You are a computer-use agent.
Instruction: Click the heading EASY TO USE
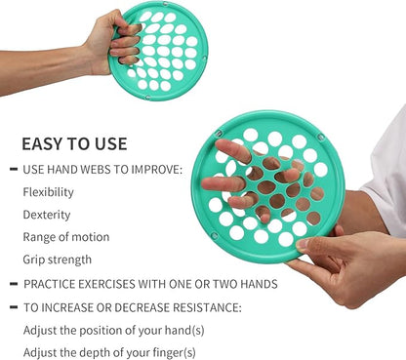[x=74, y=144]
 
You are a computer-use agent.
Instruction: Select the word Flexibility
[x=48, y=191]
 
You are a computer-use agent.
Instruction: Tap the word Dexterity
[x=46, y=214]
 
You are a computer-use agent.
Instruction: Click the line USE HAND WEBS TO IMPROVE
[x=101, y=170]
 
